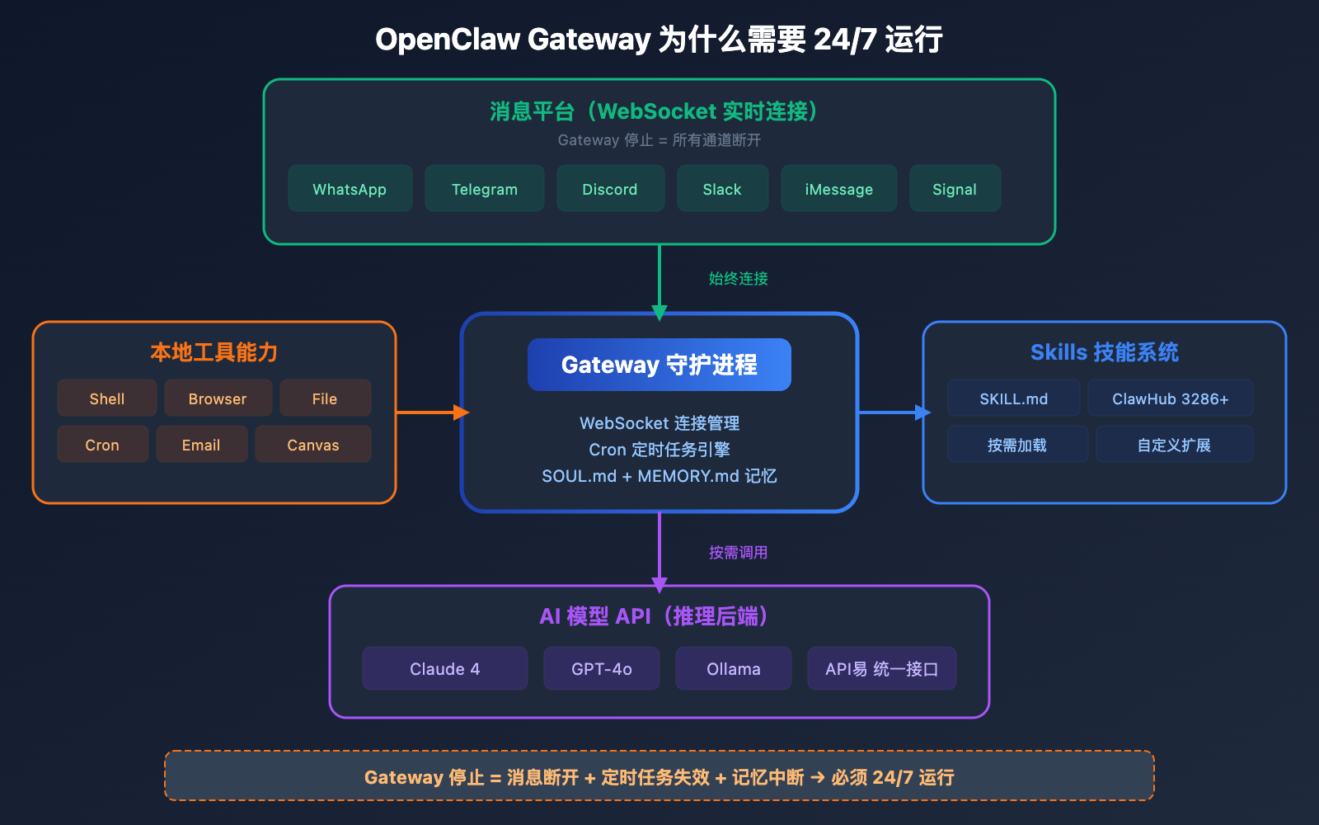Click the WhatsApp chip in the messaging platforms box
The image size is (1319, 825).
click(350, 189)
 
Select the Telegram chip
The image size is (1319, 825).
click(484, 189)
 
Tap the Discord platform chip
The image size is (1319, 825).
click(610, 189)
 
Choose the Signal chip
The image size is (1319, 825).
click(955, 189)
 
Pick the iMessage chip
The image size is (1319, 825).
click(838, 189)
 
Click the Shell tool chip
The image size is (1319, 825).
click(107, 398)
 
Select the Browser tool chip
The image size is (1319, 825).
click(218, 398)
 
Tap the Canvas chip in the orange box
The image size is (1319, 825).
click(312, 445)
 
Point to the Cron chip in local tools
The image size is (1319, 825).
click(102, 445)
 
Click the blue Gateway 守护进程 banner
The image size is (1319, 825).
click(659, 365)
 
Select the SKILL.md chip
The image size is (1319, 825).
click(1013, 398)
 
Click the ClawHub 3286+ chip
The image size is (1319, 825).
click(1170, 398)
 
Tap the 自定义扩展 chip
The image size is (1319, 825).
click(1174, 445)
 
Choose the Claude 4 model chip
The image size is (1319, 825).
click(444, 668)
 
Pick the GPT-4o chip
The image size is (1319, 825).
click(601, 668)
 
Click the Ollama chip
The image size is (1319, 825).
click(733, 668)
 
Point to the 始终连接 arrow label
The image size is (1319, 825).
click(738, 279)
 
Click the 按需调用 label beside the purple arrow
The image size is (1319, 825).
click(738, 553)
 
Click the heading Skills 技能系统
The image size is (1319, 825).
click(1104, 352)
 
